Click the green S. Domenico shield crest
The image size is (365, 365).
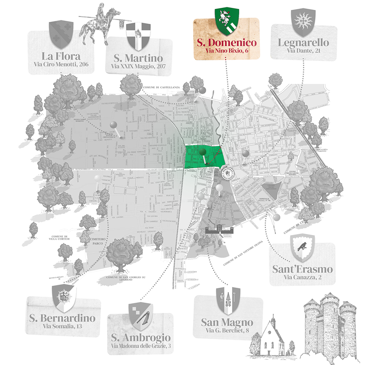(x=223, y=18)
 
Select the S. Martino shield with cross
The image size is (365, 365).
(x=134, y=34)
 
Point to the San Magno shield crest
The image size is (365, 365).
(x=224, y=301)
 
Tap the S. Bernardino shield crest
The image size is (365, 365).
(x=64, y=298)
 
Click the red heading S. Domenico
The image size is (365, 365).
(x=226, y=41)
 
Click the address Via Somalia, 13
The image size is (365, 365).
(x=62, y=327)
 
